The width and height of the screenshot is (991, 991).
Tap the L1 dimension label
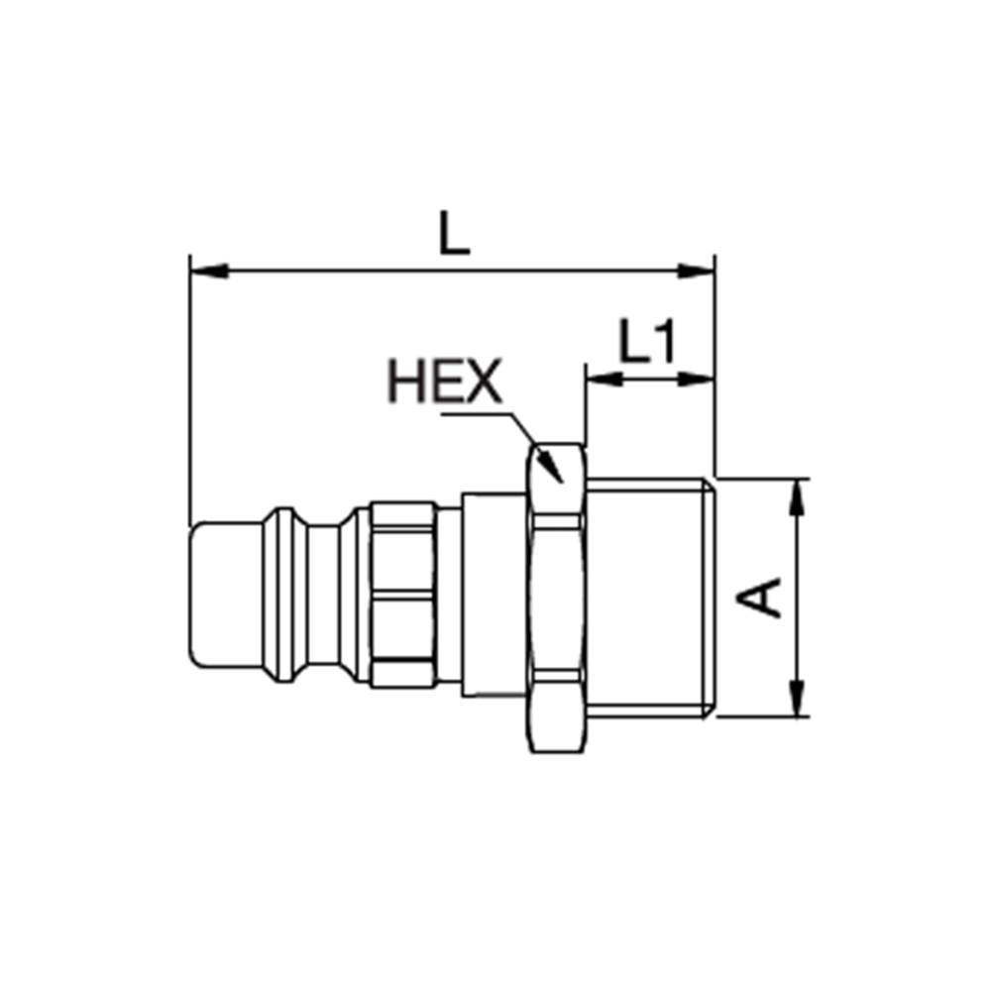coord(647,343)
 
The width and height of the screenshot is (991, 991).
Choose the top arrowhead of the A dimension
coord(797,496)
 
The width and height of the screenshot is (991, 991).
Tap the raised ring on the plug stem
coord(282,597)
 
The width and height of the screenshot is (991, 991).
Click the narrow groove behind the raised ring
coord(322,597)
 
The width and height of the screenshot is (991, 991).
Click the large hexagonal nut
coord(555,598)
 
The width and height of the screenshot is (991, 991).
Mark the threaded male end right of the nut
coord(649,597)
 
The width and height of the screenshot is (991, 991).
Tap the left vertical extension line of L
coord(188,396)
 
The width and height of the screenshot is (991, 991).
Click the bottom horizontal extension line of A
coord(763,716)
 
